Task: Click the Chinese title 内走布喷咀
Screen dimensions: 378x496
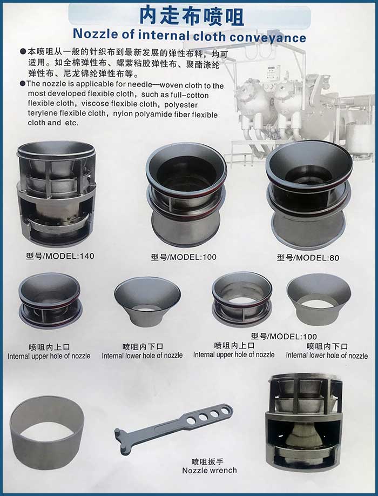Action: pos(192,16)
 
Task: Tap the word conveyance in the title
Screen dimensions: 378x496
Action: pos(268,37)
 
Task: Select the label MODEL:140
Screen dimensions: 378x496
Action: pos(69,256)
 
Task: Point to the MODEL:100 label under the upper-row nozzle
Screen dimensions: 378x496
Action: pos(192,257)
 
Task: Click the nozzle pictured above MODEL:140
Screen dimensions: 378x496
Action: pos(56,193)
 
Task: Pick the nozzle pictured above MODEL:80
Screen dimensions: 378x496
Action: pos(309,194)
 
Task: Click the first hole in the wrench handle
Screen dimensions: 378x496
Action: pos(191,421)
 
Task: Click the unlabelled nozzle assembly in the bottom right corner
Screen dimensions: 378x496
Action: pos(305,423)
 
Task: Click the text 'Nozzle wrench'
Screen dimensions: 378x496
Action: pos(209,471)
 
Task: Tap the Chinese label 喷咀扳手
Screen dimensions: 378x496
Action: pos(207,461)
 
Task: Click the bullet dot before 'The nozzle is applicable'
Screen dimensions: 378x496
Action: pos(23,84)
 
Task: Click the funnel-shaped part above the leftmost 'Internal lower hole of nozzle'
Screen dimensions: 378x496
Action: pos(147,302)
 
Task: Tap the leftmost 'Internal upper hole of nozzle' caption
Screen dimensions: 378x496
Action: pos(49,356)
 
